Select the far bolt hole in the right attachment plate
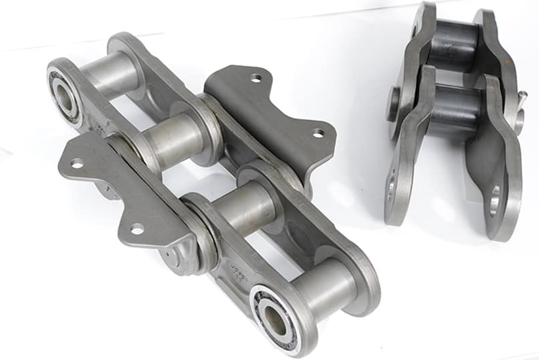point(256,78)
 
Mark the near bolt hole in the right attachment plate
point(318,132)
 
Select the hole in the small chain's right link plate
point(495,200)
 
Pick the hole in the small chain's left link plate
point(392,193)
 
